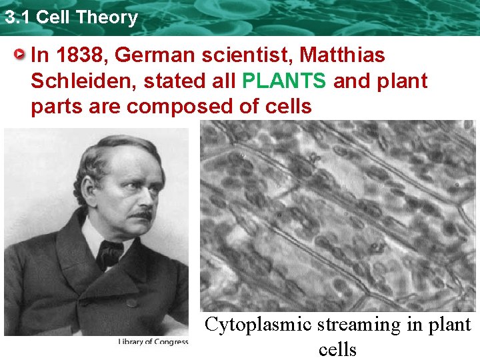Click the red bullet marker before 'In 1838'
(22, 54)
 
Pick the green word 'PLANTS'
(285, 81)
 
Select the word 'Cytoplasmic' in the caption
(257, 325)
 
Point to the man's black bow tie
(111, 252)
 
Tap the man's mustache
(141, 215)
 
